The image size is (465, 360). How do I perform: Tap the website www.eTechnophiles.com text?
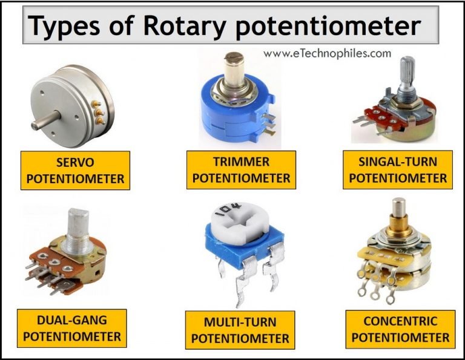327,53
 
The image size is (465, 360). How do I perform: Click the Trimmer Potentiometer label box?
241,170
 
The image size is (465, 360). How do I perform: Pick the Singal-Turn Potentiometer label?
398,170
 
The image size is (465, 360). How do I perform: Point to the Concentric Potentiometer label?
400,329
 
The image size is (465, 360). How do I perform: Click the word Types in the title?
65,26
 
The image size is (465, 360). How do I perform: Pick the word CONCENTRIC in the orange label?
400,321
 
